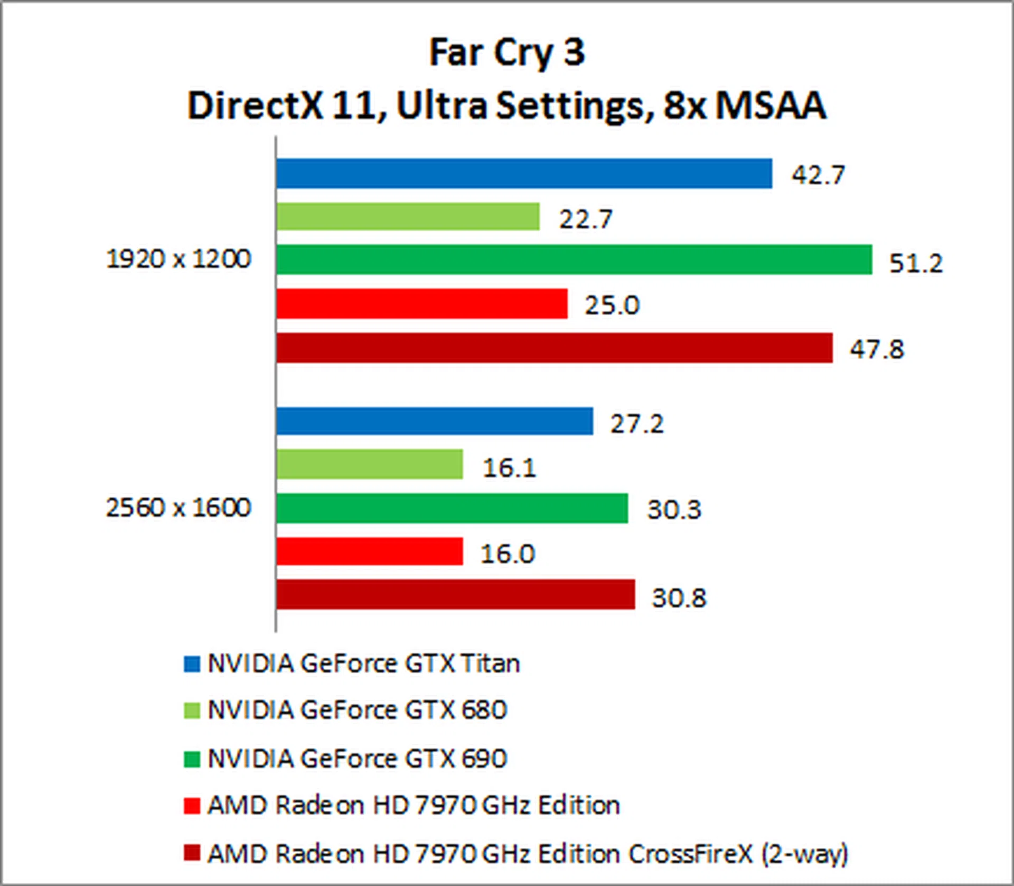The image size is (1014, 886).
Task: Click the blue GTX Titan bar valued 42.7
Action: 524,173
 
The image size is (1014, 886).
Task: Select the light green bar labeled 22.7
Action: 408,217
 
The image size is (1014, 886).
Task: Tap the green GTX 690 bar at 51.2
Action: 574,259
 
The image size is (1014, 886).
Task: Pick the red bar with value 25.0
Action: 421,304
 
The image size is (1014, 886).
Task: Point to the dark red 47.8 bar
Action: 554,348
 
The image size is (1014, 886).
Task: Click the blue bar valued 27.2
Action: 434,421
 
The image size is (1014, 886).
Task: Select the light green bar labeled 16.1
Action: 369,464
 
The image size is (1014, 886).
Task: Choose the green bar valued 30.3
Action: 452,508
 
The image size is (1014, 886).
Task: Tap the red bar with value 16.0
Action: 369,552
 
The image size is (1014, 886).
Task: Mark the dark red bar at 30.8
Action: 455,595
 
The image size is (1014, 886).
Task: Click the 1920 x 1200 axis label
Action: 179,259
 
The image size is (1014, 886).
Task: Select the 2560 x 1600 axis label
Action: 179,508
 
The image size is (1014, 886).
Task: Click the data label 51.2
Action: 916,263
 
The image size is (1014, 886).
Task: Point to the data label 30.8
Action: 679,598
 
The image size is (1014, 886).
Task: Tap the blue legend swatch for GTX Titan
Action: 192,664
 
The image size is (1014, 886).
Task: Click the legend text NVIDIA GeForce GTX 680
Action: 358,710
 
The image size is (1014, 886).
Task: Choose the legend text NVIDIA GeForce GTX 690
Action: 358,759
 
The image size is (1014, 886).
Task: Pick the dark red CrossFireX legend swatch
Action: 192,853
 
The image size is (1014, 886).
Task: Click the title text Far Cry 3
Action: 507,53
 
